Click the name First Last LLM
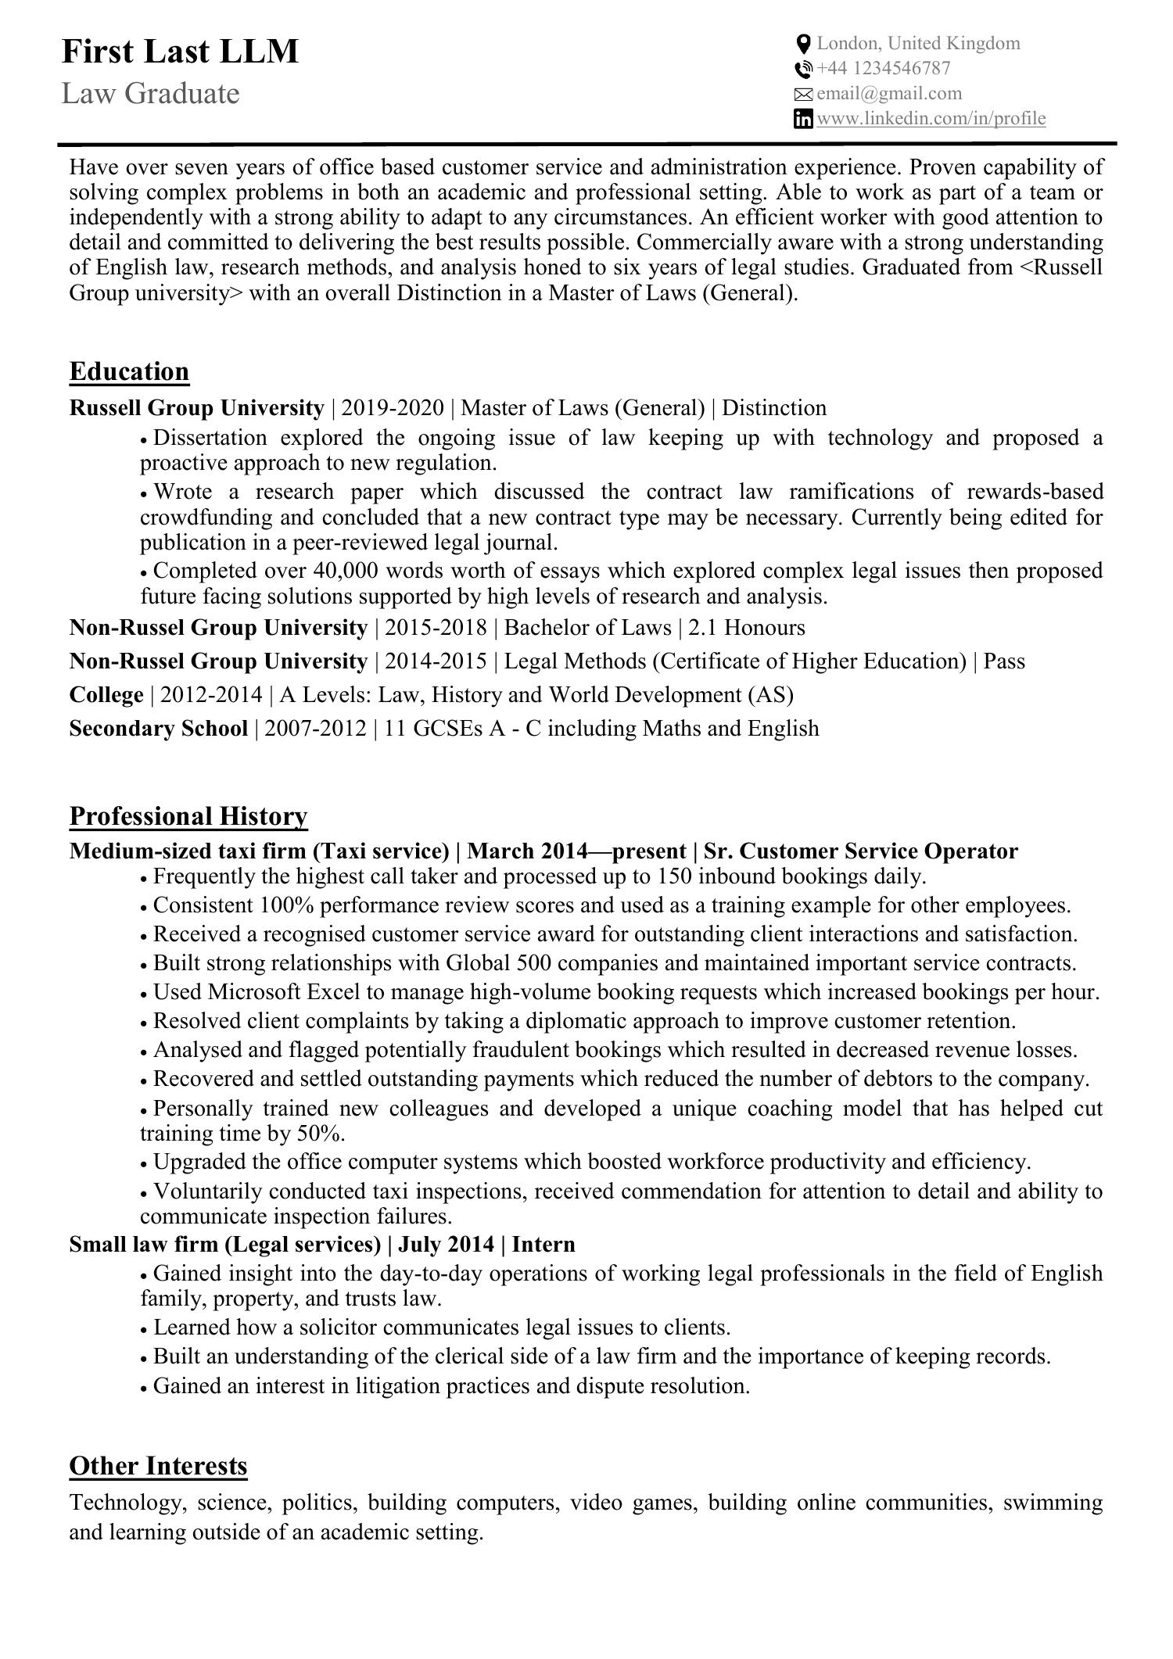[x=180, y=52]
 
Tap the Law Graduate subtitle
[x=150, y=94]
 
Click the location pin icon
[x=803, y=44]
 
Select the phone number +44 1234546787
[x=884, y=69]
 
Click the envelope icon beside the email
[x=803, y=95]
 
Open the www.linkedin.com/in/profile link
[x=931, y=119]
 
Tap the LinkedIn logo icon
[x=803, y=119]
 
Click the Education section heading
[x=129, y=371]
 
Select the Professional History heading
[x=188, y=816]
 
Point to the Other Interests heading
[x=158, y=1466]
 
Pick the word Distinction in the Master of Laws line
[x=773, y=408]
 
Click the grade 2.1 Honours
[x=746, y=628]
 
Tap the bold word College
[x=106, y=695]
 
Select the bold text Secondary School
[x=158, y=729]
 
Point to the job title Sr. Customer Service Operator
[x=861, y=851]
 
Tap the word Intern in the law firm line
[x=543, y=1245]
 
